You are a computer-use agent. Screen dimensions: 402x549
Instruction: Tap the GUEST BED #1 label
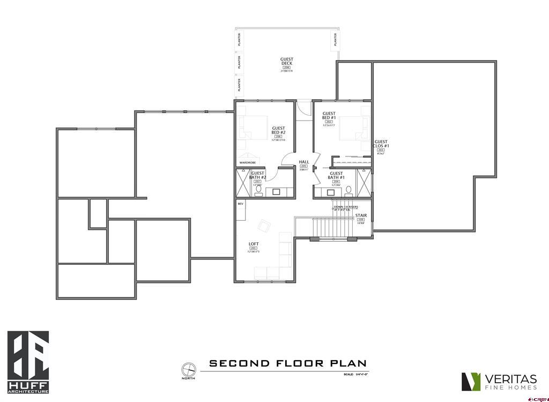[x=329, y=116]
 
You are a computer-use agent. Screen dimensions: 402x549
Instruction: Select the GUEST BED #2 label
[x=278, y=130]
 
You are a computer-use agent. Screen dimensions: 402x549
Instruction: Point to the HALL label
[x=303, y=162]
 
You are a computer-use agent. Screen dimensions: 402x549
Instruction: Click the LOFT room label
[x=254, y=244]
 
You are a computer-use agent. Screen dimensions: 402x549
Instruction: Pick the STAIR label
[x=360, y=215]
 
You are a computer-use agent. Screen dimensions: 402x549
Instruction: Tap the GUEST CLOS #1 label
[x=381, y=144]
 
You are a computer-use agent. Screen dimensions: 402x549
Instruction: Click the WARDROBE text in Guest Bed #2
[x=247, y=162]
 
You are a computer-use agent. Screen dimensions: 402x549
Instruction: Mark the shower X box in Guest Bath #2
[x=243, y=183]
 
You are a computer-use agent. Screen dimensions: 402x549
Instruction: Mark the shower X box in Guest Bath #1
[x=364, y=183]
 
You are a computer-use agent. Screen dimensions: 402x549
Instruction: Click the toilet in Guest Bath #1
[x=349, y=190]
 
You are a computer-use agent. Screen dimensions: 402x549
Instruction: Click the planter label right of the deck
[x=336, y=40]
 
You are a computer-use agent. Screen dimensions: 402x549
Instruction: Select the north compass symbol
[x=188, y=369]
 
